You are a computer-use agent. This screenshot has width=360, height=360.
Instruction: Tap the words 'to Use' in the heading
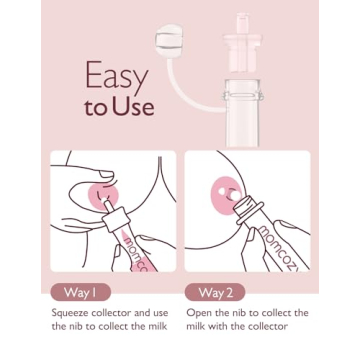coord(120,108)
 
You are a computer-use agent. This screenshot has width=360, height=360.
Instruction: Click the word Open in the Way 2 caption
coord(200,313)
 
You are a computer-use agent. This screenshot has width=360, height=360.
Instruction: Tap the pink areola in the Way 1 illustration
coord(102,193)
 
